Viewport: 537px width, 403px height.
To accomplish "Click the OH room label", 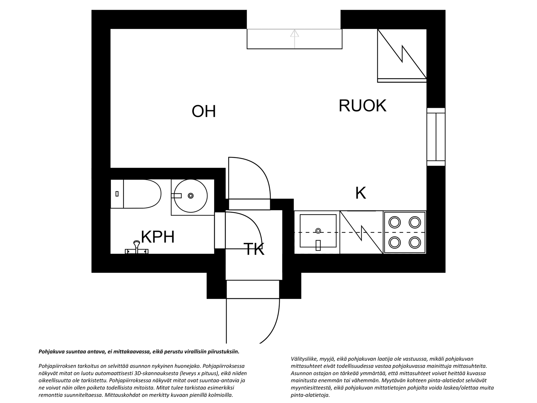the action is (x=203, y=111).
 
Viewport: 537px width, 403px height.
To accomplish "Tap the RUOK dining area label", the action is (x=362, y=106).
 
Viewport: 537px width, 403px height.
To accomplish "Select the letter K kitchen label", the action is (x=360, y=193).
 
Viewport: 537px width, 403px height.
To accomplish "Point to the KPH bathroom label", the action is (x=158, y=237).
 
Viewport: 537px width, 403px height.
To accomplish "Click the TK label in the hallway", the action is (x=254, y=249).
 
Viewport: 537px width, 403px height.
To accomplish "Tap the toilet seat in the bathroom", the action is (x=142, y=194).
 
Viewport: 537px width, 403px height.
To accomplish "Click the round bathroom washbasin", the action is (x=191, y=196).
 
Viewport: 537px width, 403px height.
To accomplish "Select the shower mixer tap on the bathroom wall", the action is (x=137, y=248).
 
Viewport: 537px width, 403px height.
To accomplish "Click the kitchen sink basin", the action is (x=318, y=231).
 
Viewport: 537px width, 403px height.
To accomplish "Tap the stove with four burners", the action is (x=405, y=232).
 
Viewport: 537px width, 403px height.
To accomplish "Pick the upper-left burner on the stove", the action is (x=395, y=222).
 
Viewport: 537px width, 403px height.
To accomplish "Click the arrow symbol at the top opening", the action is (x=295, y=39).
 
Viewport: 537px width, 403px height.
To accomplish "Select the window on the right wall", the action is (x=436, y=137).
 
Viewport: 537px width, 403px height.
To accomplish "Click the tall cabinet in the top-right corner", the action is (x=402, y=56).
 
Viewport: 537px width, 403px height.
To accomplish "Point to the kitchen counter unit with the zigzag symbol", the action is (x=361, y=232).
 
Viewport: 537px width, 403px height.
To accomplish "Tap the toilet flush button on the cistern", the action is (x=117, y=194).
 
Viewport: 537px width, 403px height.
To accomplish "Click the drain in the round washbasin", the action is (x=191, y=196).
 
